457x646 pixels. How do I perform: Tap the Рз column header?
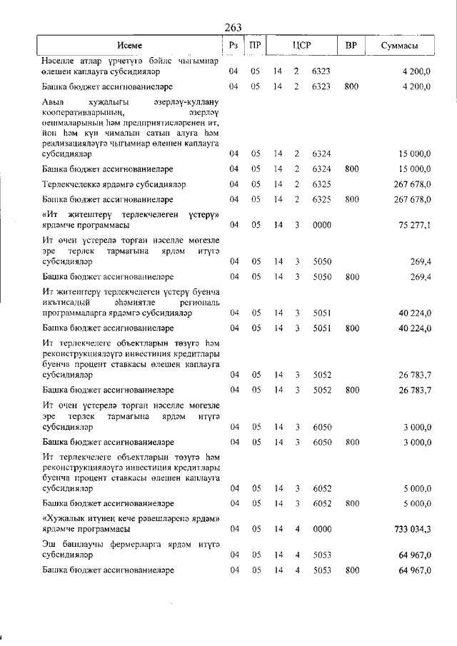pyautogui.click(x=233, y=46)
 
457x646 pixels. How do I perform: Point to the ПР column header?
pyautogui.click(x=255, y=46)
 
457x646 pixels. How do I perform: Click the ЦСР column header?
pyautogui.click(x=301, y=46)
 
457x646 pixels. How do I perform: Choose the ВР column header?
pyautogui.click(x=351, y=46)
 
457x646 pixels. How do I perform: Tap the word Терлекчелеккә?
pyautogui.click(x=75, y=184)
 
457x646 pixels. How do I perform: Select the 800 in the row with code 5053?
pyautogui.click(x=351, y=570)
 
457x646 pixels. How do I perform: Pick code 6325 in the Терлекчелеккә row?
pyautogui.click(x=321, y=184)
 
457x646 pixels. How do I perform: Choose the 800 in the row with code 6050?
pyautogui.click(x=351, y=443)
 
